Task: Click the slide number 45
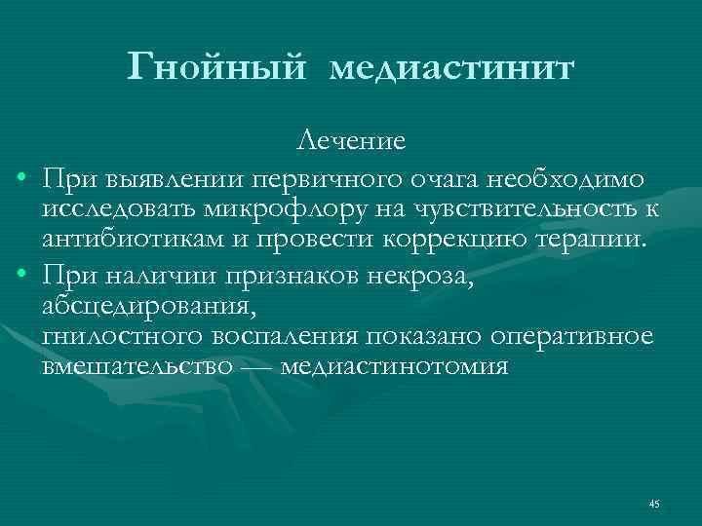654,504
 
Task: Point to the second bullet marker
20,280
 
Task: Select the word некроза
425,279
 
